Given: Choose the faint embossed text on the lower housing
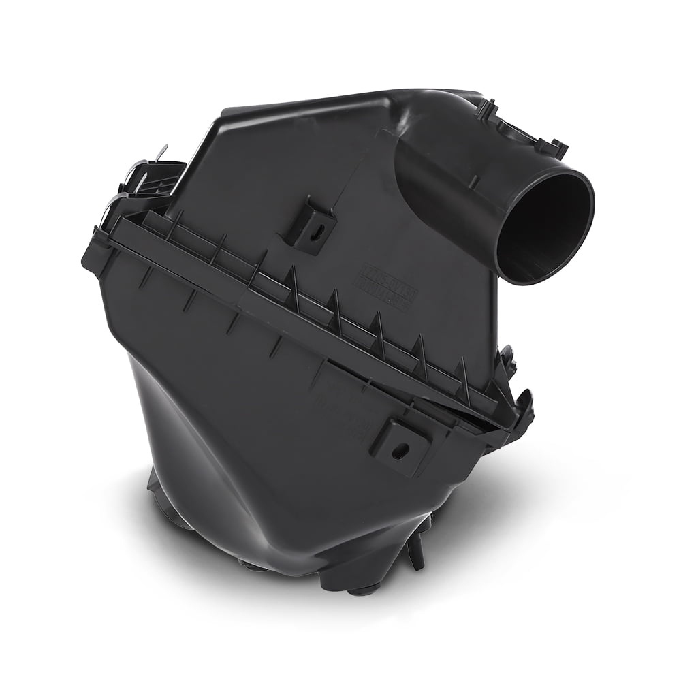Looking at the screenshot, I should (x=340, y=402).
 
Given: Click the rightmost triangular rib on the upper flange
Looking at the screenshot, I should (x=464, y=371).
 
